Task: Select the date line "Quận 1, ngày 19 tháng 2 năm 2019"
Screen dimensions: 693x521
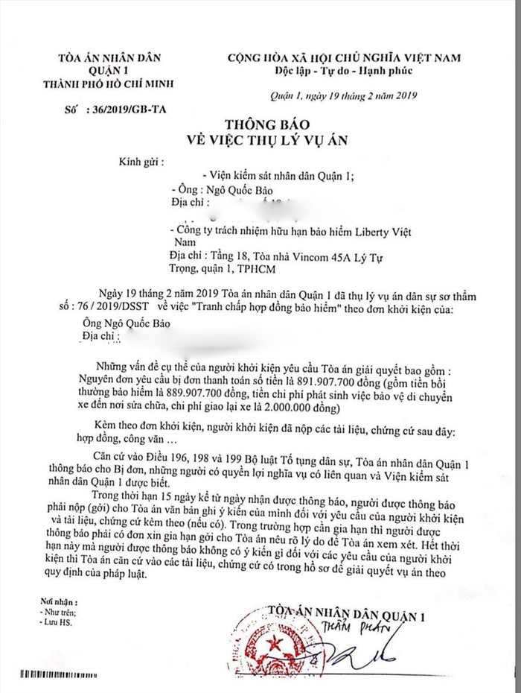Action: tap(343, 94)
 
